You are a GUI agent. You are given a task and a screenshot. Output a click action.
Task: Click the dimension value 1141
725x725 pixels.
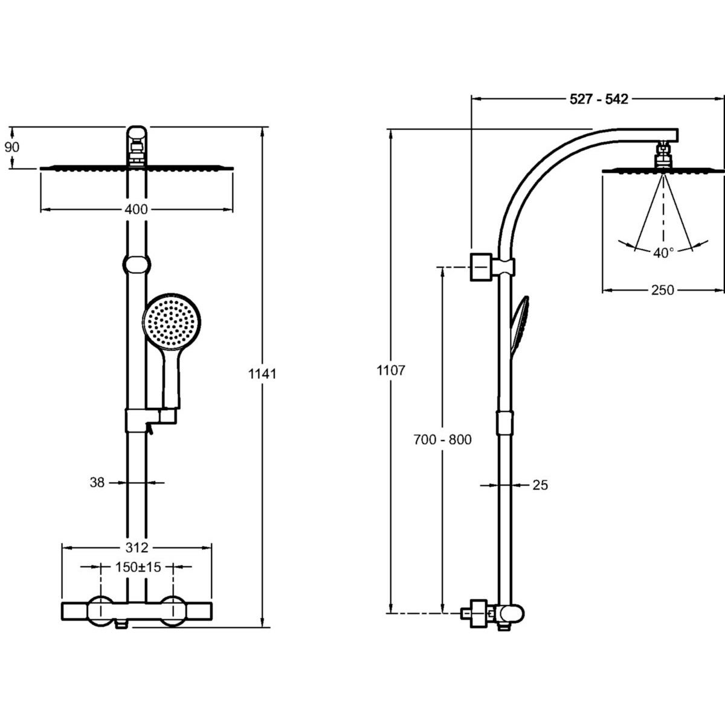[x=262, y=374]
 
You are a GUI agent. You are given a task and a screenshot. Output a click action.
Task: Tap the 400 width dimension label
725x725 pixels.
[x=137, y=210]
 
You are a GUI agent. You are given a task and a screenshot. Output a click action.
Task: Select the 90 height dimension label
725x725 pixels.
[x=12, y=147]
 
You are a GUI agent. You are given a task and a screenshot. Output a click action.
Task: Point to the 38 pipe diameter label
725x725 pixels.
[x=97, y=483]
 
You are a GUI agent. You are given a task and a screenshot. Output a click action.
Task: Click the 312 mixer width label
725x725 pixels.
[x=137, y=548]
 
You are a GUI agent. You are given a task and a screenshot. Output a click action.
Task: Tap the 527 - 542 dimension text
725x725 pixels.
[x=599, y=100]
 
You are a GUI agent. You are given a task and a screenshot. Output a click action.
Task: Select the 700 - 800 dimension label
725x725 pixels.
[x=443, y=440]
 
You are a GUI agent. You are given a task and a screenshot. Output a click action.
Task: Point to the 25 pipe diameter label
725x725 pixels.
[x=541, y=485]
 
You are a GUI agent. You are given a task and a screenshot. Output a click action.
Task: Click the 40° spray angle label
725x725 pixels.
[x=663, y=253]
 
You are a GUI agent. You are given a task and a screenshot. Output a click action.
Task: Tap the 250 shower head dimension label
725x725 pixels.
[x=663, y=291]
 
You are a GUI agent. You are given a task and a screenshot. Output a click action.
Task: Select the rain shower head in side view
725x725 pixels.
[x=663, y=171]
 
